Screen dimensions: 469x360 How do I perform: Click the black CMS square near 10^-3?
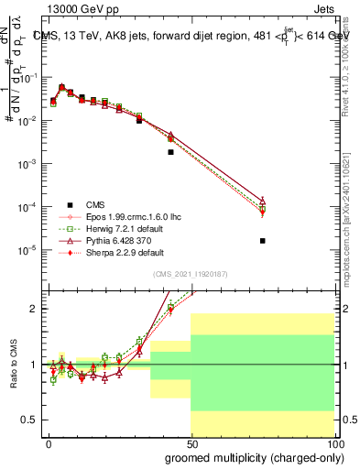click(171, 152)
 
